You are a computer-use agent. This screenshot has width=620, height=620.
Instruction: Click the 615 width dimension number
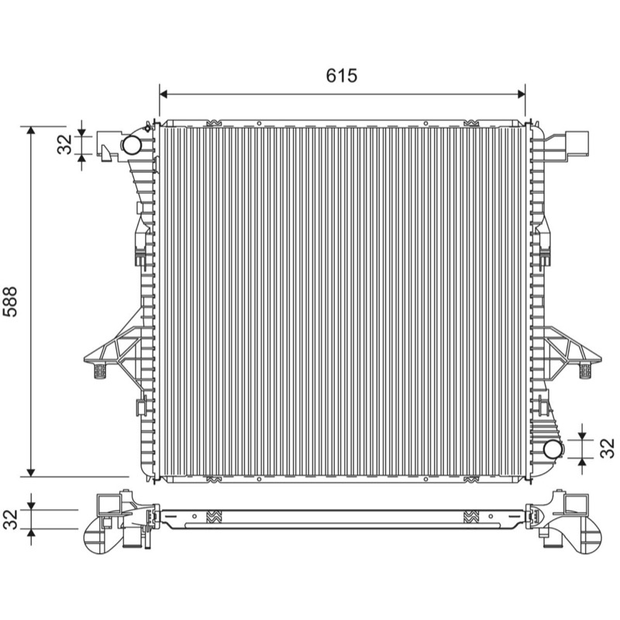pyautogui.click(x=342, y=75)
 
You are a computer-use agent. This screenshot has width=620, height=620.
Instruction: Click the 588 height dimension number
pyautogui.click(x=10, y=301)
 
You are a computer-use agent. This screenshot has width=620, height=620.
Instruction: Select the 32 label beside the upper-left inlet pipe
pyautogui.click(x=65, y=144)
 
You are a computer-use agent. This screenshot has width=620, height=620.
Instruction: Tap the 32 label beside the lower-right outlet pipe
pyautogui.click(x=608, y=449)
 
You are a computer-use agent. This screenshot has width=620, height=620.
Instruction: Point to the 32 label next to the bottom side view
pyautogui.click(x=10, y=519)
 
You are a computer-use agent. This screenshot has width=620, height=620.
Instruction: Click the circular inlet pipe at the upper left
pyautogui.click(x=132, y=145)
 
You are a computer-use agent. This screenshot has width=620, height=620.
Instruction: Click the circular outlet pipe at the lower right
pyautogui.click(x=553, y=449)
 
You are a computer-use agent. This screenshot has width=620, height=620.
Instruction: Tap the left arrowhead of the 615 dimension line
pyautogui.click(x=164, y=94)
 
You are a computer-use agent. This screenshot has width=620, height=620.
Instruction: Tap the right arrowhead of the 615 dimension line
pyautogui.click(x=521, y=94)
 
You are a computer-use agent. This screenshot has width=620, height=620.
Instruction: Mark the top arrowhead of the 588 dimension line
pyautogui.click(x=31, y=131)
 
